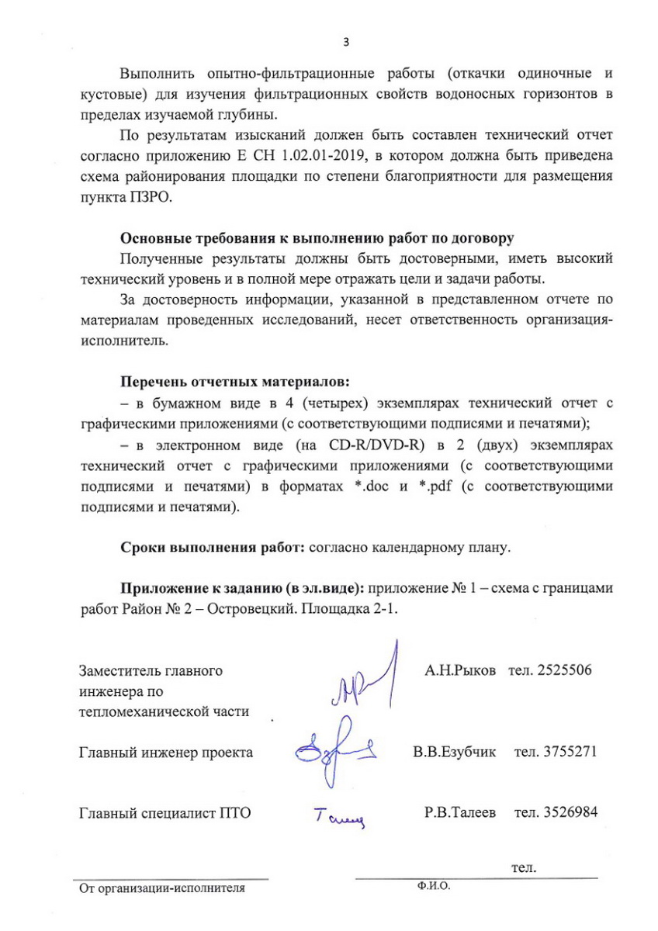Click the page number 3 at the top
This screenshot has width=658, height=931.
(346, 42)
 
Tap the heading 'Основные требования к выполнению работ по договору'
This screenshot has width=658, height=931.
(315, 237)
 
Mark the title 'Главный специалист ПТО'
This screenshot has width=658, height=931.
(166, 813)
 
